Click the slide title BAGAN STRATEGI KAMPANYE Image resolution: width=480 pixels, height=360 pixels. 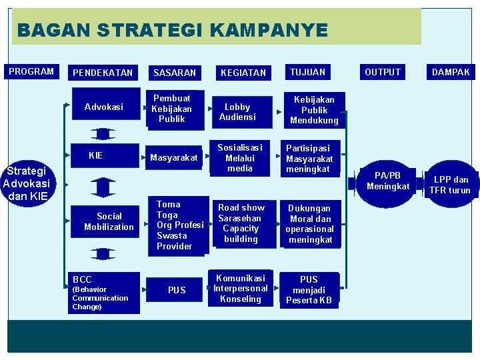click(173, 30)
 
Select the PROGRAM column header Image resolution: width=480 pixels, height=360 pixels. click(31, 71)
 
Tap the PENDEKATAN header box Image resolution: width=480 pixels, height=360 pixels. click(103, 72)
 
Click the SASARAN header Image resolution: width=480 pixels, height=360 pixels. click(175, 72)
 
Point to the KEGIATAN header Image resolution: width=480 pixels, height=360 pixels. click(243, 72)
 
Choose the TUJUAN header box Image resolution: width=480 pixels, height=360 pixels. click(308, 71)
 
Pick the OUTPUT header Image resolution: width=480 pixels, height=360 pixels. click(383, 71)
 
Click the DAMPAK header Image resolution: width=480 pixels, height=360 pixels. click(451, 71)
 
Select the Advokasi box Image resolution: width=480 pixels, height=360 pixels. click(104, 107)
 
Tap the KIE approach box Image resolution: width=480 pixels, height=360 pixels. click(96, 156)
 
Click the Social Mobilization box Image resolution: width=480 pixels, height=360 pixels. click(109, 221)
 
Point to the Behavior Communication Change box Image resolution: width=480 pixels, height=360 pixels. click(105, 292)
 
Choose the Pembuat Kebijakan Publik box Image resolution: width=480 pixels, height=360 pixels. click(172, 109)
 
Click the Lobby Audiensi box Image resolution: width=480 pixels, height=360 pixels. click(238, 111)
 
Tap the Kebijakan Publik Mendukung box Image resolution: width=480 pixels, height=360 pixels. click(314, 109)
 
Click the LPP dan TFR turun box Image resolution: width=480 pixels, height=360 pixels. click(451, 184)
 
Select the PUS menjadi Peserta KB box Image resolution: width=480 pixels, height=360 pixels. click(309, 289)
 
